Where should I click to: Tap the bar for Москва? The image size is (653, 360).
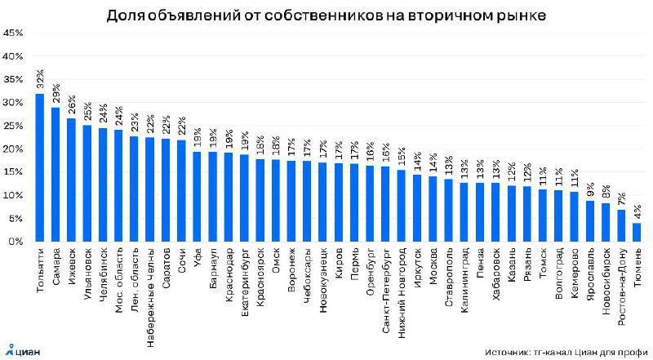[x=433, y=209]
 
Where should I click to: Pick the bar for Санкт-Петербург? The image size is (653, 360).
[x=385, y=204]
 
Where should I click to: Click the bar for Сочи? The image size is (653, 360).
[x=181, y=191]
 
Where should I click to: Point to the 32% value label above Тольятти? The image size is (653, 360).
[x=39, y=80]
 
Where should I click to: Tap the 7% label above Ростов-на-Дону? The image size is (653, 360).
[x=622, y=198]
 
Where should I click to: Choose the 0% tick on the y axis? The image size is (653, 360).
[x=14, y=242]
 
